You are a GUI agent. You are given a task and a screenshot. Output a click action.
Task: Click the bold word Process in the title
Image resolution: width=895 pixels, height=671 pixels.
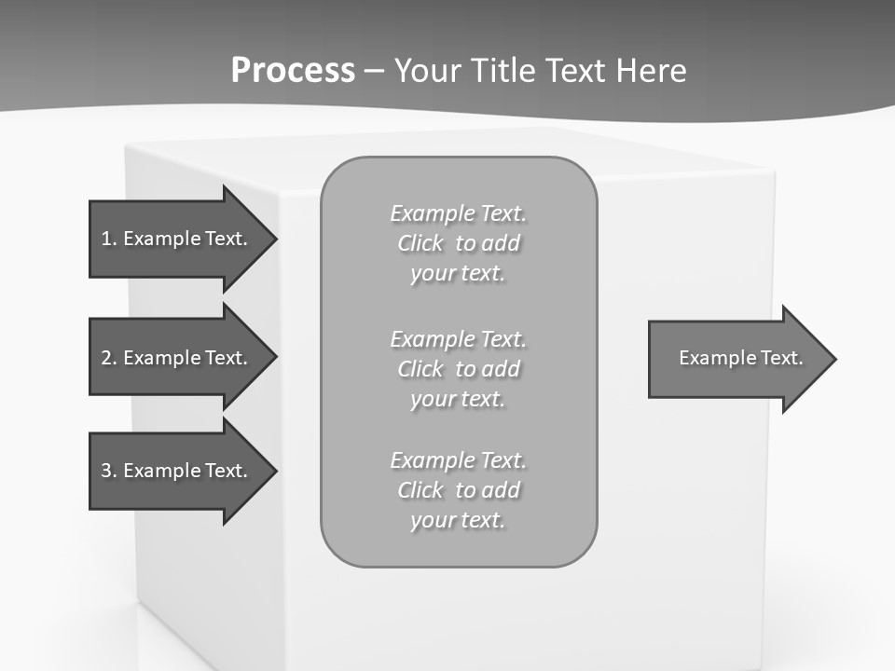(293, 71)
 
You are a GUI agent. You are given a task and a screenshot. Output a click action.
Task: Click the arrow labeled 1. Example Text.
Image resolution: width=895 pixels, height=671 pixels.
(177, 239)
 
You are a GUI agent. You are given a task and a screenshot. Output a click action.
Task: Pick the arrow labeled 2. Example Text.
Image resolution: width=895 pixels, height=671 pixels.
(177, 358)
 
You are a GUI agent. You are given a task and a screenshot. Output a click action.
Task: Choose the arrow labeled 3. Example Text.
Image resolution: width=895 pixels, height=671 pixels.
(177, 471)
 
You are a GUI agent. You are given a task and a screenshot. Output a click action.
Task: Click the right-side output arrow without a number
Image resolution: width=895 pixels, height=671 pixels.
(737, 359)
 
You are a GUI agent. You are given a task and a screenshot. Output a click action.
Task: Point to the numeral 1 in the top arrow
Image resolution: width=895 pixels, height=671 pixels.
(106, 239)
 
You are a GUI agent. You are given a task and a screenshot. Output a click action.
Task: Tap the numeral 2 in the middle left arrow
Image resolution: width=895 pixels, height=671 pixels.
(106, 358)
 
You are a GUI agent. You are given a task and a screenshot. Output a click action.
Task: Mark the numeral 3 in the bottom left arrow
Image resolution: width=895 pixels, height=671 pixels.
(106, 471)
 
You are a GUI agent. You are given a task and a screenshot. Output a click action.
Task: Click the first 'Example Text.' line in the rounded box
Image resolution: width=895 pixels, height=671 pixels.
(458, 213)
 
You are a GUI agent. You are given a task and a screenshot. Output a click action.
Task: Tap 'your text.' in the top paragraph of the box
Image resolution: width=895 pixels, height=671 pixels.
(457, 274)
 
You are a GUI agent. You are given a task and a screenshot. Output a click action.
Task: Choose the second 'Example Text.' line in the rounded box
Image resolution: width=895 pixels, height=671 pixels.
(458, 338)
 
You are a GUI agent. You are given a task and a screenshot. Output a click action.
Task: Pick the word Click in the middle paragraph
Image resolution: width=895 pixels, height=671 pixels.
(420, 369)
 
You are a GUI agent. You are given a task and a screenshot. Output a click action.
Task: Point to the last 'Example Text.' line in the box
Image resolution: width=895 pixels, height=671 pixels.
(458, 460)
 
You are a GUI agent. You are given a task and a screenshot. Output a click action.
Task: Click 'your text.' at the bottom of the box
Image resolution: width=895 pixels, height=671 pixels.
(457, 520)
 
